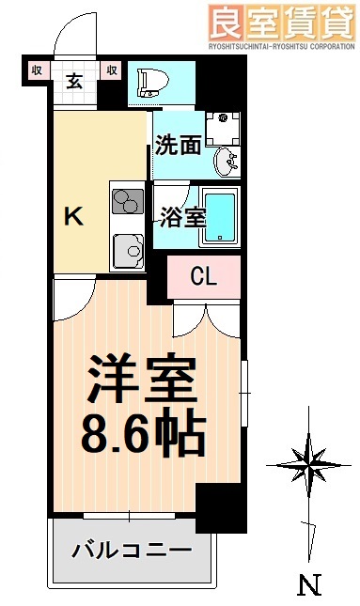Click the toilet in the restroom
[149, 82]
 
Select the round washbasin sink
[225, 163]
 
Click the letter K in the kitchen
[72, 217]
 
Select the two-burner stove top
[126, 202]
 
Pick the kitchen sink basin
[127, 250]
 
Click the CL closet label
[204, 276]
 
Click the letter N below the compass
[307, 585]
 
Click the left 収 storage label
[37, 69]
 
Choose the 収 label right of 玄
[111, 69]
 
